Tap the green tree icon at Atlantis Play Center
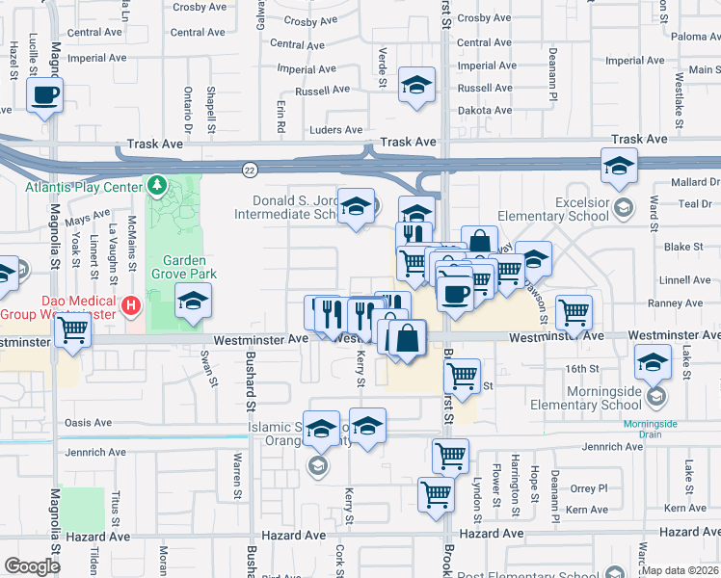point(156,184)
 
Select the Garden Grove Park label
point(189,267)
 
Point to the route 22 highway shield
point(249,169)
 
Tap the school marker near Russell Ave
point(416,87)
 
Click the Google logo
point(32,566)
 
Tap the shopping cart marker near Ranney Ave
point(574,311)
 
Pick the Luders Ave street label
point(335,130)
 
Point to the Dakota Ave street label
point(485,111)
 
